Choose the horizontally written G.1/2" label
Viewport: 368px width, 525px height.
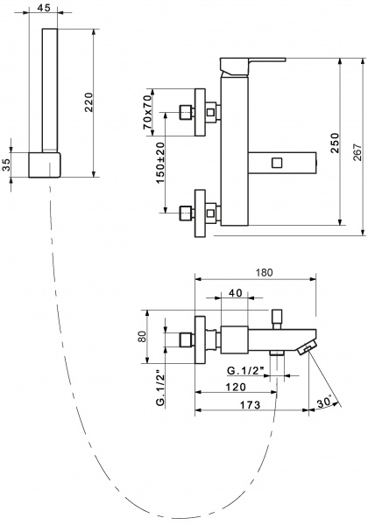pos(242,369)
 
